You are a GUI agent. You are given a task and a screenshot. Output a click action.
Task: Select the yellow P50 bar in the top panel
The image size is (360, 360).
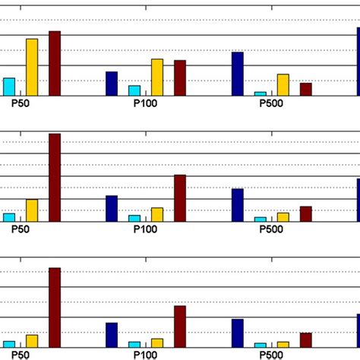pyautogui.click(x=32, y=67)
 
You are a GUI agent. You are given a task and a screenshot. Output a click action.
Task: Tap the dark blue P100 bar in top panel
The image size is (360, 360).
pyautogui.click(x=112, y=83)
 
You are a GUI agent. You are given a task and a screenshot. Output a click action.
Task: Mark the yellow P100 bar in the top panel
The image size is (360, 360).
pyautogui.click(x=156, y=77)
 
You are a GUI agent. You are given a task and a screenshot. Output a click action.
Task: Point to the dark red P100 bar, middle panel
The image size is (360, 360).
pyautogui.click(x=180, y=197)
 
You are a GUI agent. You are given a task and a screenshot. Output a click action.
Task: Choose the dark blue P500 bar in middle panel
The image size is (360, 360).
pyautogui.click(x=238, y=204)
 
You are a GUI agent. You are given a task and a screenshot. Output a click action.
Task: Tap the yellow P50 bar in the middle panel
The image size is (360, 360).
pyautogui.click(x=32, y=210)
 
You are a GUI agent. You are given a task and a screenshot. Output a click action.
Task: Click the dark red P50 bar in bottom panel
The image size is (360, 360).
pyautogui.click(x=55, y=307)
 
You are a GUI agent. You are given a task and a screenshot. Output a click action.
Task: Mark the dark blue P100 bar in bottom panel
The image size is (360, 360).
pyautogui.click(x=112, y=334)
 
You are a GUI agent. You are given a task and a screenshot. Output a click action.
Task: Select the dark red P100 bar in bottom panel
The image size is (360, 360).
pyautogui.click(x=180, y=326)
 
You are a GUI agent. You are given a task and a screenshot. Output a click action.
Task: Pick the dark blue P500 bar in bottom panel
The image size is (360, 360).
pyautogui.click(x=238, y=333)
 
